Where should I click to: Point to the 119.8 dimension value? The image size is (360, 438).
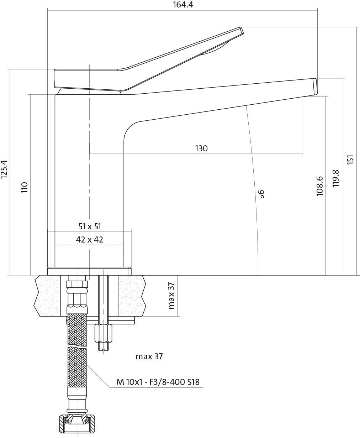pos(335,178)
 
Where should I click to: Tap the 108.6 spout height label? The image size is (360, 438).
pos(319,186)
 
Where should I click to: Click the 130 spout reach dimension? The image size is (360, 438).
pos(201,148)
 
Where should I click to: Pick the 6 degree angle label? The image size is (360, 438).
pos(261,194)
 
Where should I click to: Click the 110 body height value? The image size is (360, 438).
pos(25,187)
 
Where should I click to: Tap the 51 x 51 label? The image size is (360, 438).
pos(90,226)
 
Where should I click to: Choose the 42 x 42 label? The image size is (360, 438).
pos(89,240)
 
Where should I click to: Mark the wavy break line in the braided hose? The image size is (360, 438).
pos(77,346)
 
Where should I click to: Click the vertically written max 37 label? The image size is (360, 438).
pos(172,296)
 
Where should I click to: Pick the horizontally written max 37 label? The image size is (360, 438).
pos(149,356)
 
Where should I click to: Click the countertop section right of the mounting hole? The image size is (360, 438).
pos(132,295)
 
